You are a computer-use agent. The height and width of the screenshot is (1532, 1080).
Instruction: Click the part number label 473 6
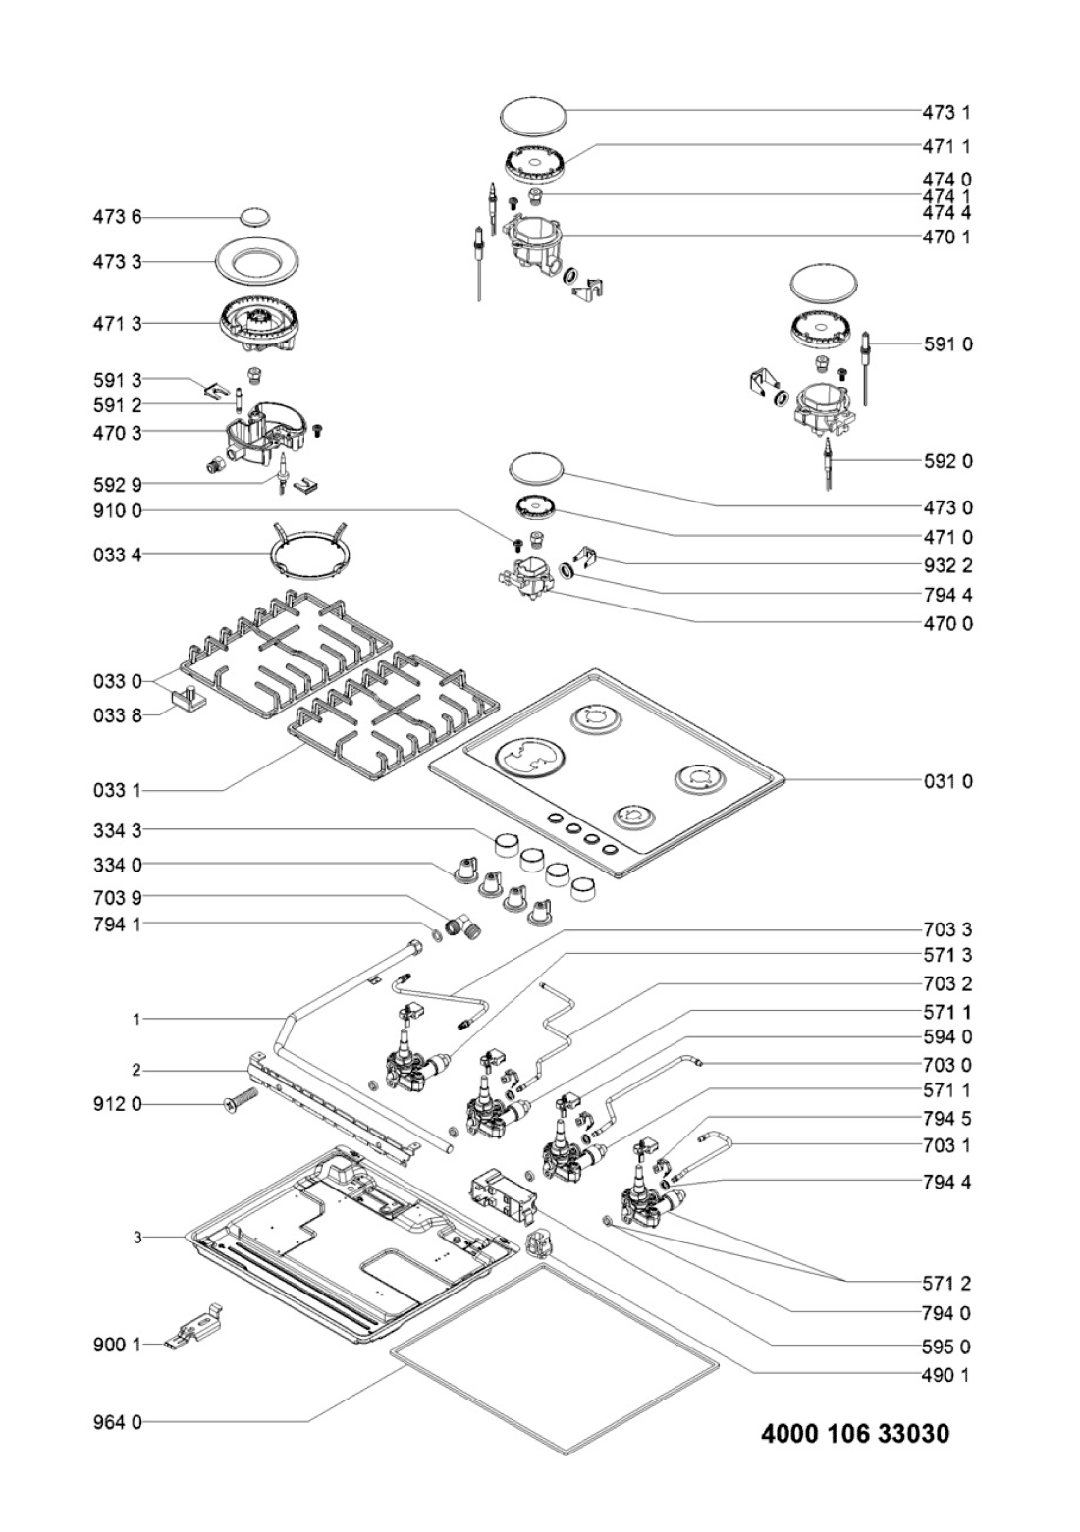(x=117, y=216)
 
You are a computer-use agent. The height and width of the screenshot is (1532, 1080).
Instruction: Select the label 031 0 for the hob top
(x=947, y=781)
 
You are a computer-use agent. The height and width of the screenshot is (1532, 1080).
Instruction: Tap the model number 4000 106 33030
(x=855, y=1434)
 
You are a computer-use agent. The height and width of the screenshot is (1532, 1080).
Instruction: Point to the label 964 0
(x=117, y=1421)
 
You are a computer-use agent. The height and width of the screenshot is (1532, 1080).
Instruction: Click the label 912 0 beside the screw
(x=117, y=1104)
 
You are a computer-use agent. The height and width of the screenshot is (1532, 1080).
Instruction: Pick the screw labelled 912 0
(x=240, y=1103)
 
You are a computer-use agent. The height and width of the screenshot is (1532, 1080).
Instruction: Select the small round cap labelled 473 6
(x=254, y=216)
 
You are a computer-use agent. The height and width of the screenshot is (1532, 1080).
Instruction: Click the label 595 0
(x=947, y=1347)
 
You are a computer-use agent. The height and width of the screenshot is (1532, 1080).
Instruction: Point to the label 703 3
(x=947, y=929)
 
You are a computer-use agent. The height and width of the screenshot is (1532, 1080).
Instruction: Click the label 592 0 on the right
(x=947, y=461)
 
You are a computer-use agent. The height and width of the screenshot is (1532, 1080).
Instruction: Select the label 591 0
(x=947, y=344)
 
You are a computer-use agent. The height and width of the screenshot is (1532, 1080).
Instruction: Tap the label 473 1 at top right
(x=947, y=112)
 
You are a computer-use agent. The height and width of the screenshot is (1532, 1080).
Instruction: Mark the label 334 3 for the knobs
(x=117, y=831)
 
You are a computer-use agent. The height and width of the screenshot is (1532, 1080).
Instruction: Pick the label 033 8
(x=117, y=715)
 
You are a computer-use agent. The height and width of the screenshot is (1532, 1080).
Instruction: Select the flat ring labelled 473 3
(x=254, y=262)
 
